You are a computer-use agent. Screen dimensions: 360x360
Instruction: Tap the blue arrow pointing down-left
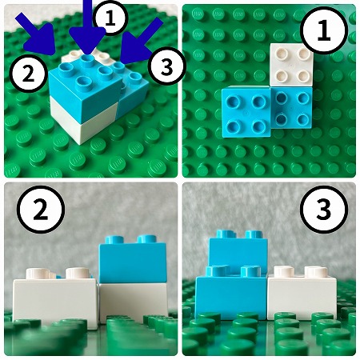click(140, 42)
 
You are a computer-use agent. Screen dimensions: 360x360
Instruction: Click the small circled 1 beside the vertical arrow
click(109, 18)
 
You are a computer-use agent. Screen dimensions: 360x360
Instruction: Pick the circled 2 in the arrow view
click(28, 74)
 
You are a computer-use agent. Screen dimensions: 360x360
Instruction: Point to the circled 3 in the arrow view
click(167, 66)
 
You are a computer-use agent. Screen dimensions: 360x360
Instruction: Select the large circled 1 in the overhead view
click(324, 30)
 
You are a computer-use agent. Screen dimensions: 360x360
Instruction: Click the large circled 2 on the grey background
click(41, 210)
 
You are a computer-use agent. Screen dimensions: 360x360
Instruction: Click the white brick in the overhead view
click(291, 65)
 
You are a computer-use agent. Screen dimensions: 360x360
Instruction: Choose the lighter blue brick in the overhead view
click(246, 112)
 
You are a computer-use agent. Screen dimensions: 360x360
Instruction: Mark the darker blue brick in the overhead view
click(291, 107)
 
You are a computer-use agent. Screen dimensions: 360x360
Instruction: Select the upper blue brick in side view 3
click(238, 252)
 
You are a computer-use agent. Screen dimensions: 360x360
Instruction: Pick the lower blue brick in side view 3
click(231, 294)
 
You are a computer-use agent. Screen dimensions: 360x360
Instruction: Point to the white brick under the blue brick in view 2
click(134, 302)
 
